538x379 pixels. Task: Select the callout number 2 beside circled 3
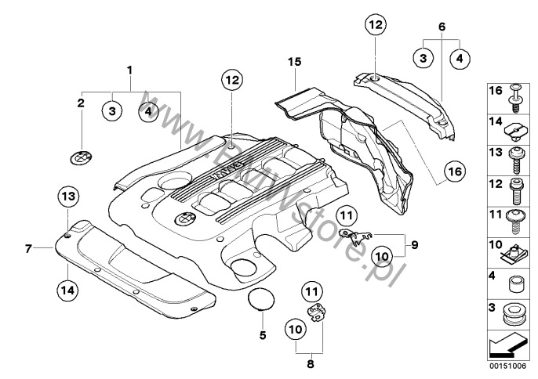(80, 103)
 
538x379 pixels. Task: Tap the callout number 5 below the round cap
(264, 335)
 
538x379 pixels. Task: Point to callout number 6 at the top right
(442, 25)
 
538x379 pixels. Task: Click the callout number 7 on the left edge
(27, 249)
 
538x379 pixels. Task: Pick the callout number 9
(415, 245)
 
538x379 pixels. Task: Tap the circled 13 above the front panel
(67, 196)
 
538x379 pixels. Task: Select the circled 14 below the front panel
(67, 290)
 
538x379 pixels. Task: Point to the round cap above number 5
(261, 298)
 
